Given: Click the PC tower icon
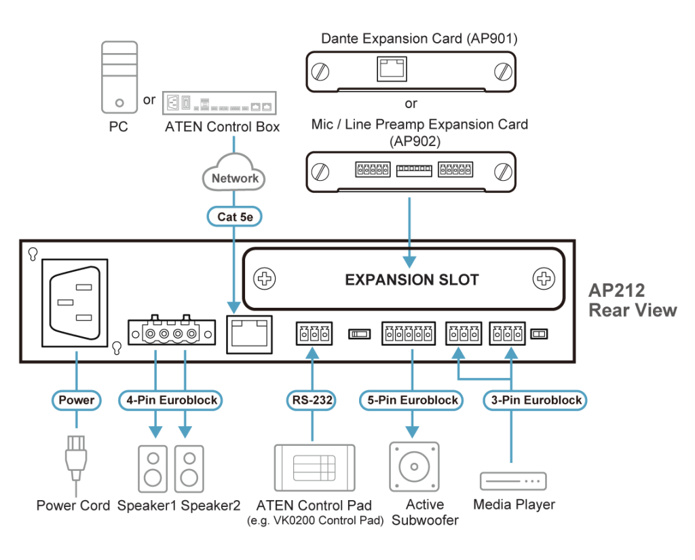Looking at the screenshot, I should click(x=119, y=77).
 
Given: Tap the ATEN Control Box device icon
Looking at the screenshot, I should click(x=219, y=103).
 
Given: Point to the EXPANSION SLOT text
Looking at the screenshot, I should click(x=412, y=279).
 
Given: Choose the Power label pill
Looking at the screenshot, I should click(x=76, y=400).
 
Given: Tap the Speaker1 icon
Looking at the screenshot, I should click(x=153, y=468).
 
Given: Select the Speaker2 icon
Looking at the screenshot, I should click(x=189, y=468).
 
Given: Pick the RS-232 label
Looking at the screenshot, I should click(x=313, y=400).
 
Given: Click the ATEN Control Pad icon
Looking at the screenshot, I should click(x=314, y=468).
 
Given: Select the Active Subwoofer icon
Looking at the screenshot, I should click(x=413, y=467).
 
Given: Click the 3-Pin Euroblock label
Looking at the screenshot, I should click(x=536, y=400).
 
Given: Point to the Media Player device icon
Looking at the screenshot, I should click(x=513, y=480).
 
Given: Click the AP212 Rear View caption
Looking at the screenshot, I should click(x=632, y=300).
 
